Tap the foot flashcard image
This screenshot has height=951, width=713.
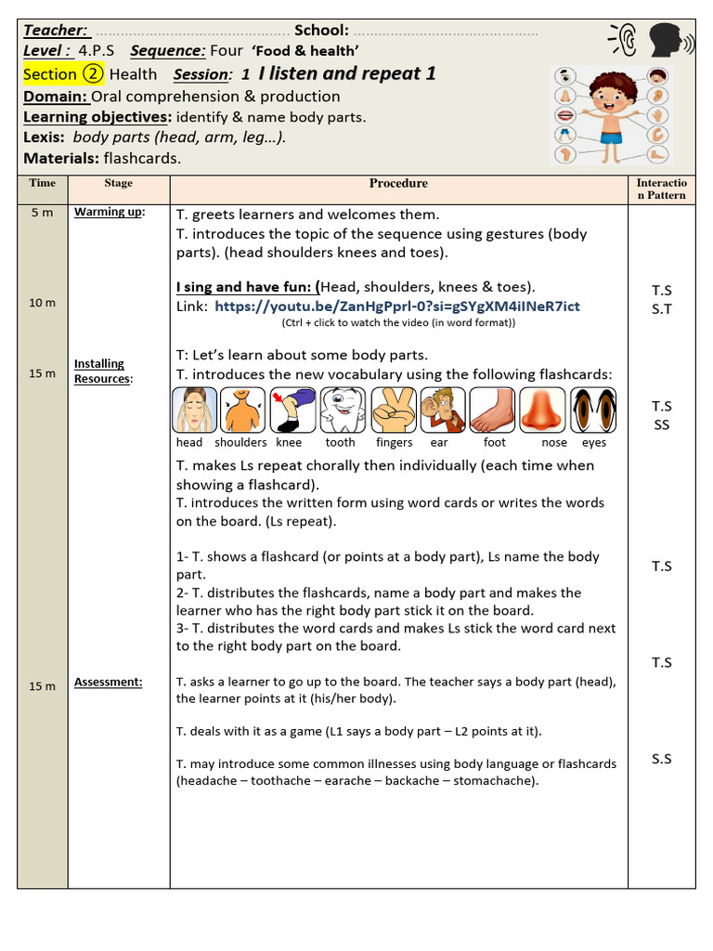click(492, 410)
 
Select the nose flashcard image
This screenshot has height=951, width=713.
click(542, 410)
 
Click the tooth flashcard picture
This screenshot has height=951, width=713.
click(343, 410)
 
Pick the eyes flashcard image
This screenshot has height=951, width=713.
click(593, 410)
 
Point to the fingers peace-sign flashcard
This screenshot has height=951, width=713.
click(393, 410)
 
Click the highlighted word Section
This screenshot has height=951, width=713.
click(50, 74)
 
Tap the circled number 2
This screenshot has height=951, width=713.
click(93, 74)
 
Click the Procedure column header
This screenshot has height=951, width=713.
click(398, 183)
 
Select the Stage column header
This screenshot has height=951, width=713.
click(118, 183)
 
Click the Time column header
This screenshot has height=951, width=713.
click(43, 183)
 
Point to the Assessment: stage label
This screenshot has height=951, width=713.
click(109, 682)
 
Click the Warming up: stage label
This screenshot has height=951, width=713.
click(110, 212)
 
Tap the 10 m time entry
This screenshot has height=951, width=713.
click(43, 303)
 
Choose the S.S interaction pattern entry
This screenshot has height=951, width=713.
click(661, 759)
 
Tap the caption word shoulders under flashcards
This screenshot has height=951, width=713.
click(240, 443)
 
